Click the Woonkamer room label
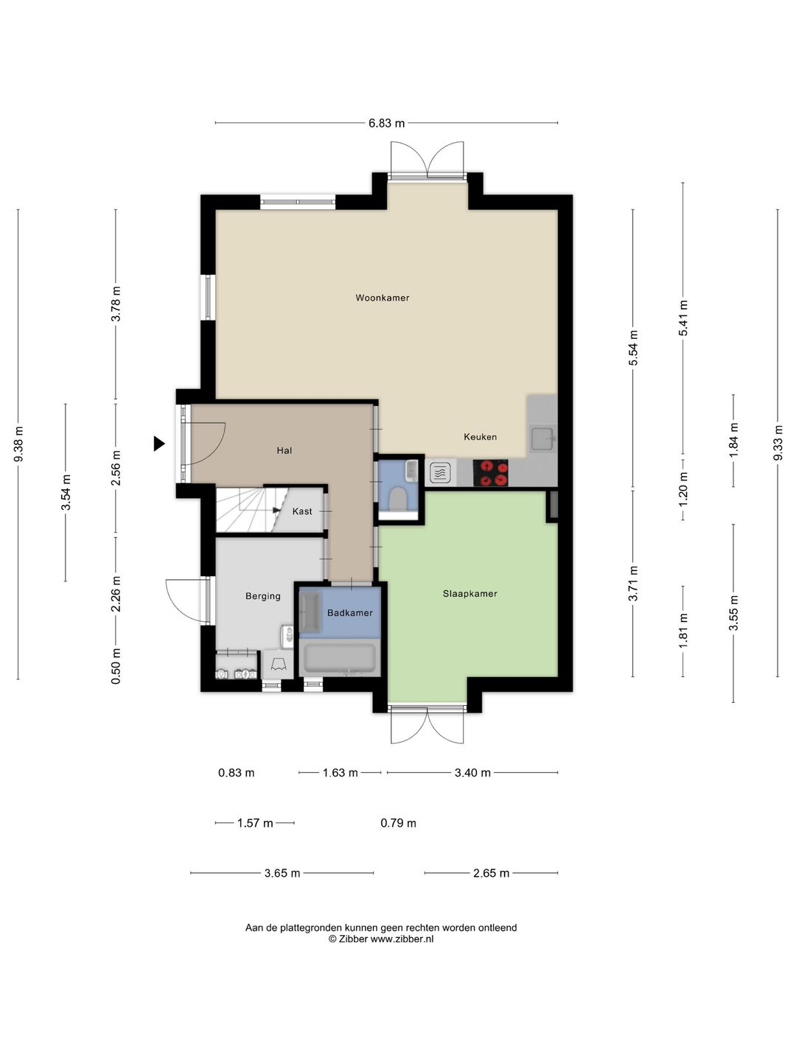pyautogui.click(x=383, y=298)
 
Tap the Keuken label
pyautogui.click(x=480, y=436)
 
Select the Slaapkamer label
pyautogui.click(x=469, y=594)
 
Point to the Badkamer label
pyautogui.click(x=350, y=613)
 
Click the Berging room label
pyautogui.click(x=263, y=596)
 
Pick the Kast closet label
pyautogui.click(x=302, y=511)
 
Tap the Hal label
pyautogui.click(x=284, y=450)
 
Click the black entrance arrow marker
pyautogui.click(x=159, y=444)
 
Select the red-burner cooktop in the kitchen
pyautogui.click(x=491, y=473)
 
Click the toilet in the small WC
pyautogui.click(x=398, y=499)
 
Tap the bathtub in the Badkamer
pyautogui.click(x=340, y=658)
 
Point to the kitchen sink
pyautogui.click(x=542, y=439)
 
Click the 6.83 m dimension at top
pyautogui.click(x=386, y=123)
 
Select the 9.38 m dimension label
pyautogui.click(x=18, y=444)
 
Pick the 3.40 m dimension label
pyautogui.click(x=472, y=773)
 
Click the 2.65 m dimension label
pyautogui.click(x=491, y=873)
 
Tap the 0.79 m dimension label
pyautogui.click(x=398, y=823)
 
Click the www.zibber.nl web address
pyautogui.click(x=402, y=939)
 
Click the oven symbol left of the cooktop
pyautogui.click(x=440, y=473)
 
